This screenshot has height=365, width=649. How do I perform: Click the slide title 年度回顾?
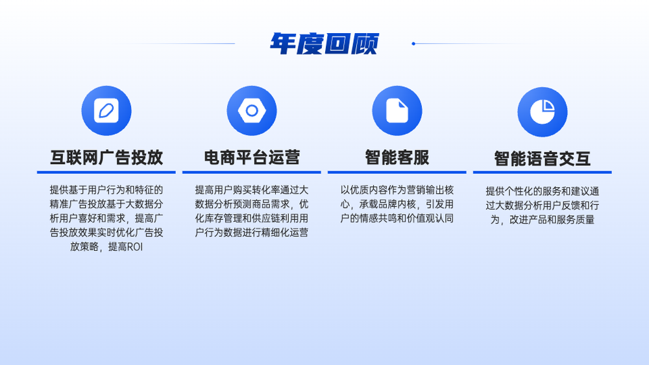coord(324,43)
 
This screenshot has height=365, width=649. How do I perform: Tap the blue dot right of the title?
coord(413,43)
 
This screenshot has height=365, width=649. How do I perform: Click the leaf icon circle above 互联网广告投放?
coord(106,111)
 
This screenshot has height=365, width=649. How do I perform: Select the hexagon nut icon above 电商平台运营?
coord(252,111)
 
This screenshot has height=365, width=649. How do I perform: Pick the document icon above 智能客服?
coord(397,111)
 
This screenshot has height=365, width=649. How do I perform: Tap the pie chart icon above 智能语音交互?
coord(542,112)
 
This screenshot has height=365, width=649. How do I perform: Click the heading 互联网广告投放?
coord(106,158)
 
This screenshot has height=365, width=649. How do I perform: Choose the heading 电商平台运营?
coord(252,158)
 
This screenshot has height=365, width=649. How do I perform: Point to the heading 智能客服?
coord(397,158)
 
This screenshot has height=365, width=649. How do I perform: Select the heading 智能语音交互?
coord(542,159)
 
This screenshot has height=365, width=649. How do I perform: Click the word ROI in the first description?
coord(134,247)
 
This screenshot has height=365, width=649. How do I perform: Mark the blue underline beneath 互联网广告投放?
coord(106,172)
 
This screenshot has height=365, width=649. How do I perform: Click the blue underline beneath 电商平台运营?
coord(252,172)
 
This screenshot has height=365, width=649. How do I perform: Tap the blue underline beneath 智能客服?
coord(397,172)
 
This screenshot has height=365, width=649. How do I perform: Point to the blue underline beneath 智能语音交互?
coord(542,172)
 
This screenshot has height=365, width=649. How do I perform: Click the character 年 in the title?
coord(284,43)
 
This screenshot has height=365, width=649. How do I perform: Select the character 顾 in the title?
coord(365,43)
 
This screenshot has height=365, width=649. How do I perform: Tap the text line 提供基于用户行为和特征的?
coord(106,190)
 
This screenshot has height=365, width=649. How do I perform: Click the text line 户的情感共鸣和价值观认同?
coord(397,218)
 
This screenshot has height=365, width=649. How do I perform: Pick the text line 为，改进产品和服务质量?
coord(542,220)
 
